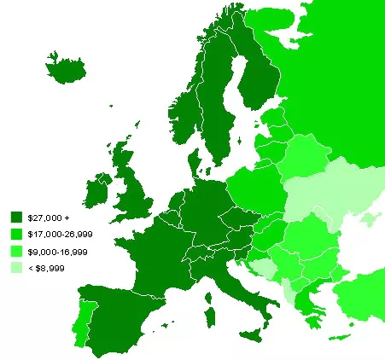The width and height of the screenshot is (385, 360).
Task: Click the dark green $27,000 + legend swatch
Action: (x=17, y=218)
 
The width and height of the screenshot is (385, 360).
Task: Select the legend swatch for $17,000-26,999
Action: (x=17, y=234)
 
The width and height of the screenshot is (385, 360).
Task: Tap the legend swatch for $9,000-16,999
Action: (x=17, y=251)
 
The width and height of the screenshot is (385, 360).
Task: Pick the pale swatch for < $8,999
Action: (x=17, y=268)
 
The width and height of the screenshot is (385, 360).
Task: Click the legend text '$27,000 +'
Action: (x=44, y=218)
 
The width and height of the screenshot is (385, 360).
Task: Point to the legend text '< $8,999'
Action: (x=45, y=268)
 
